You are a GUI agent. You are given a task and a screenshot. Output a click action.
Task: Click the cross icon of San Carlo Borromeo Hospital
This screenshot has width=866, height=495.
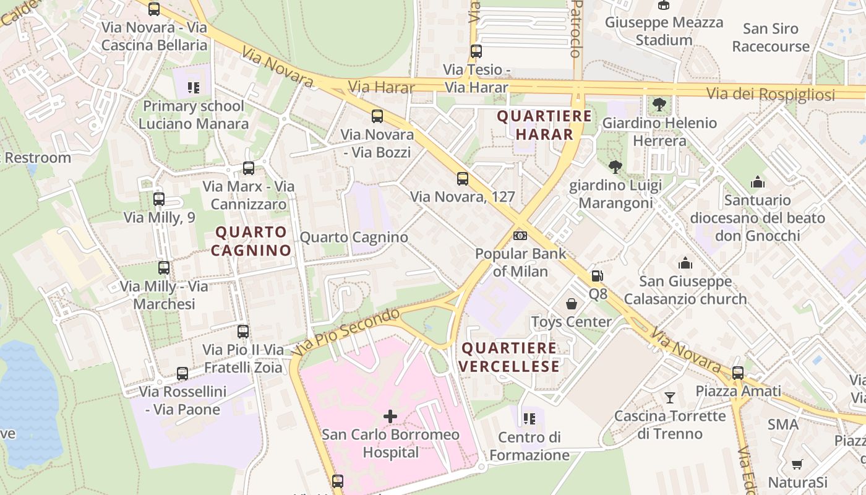(390, 416)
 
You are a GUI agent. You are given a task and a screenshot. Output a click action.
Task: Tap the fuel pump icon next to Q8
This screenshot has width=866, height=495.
(597, 276)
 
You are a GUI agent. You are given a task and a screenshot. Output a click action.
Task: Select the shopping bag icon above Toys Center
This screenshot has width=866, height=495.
(572, 304)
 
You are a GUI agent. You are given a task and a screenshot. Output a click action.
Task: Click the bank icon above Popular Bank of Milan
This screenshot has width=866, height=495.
(520, 236)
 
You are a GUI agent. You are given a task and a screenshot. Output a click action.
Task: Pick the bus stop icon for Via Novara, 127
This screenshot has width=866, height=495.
(462, 179)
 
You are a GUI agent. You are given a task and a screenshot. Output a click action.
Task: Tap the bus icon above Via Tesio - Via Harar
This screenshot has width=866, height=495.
(476, 51)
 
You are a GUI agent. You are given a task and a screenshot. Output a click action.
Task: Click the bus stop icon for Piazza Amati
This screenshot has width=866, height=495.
(737, 373)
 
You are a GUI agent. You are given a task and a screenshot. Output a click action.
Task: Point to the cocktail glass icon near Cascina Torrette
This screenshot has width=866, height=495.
(669, 397)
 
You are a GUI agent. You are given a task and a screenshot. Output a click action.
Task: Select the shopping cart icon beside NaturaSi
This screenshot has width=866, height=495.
(797, 464)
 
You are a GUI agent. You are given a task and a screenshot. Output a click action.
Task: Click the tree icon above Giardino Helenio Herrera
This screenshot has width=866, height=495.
(659, 105)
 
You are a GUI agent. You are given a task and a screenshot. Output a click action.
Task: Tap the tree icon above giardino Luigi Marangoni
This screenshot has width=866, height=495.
(615, 166)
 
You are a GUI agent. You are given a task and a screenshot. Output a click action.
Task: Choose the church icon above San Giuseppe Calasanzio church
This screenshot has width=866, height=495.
(685, 264)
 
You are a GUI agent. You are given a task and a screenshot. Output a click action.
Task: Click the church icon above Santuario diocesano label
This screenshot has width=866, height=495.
(757, 182)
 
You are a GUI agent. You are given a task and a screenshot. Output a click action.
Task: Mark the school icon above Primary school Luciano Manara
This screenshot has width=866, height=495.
(194, 88)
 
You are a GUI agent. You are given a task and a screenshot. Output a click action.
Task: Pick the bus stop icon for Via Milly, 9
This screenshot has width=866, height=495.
(159, 199)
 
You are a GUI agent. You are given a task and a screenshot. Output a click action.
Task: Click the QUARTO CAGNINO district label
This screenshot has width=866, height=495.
(251, 241)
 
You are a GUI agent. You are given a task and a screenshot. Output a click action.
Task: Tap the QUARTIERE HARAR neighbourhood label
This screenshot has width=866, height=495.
(544, 125)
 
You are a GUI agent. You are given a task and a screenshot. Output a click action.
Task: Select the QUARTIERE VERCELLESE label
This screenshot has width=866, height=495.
(510, 357)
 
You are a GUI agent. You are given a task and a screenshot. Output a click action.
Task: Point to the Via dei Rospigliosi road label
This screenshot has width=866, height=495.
(771, 94)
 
